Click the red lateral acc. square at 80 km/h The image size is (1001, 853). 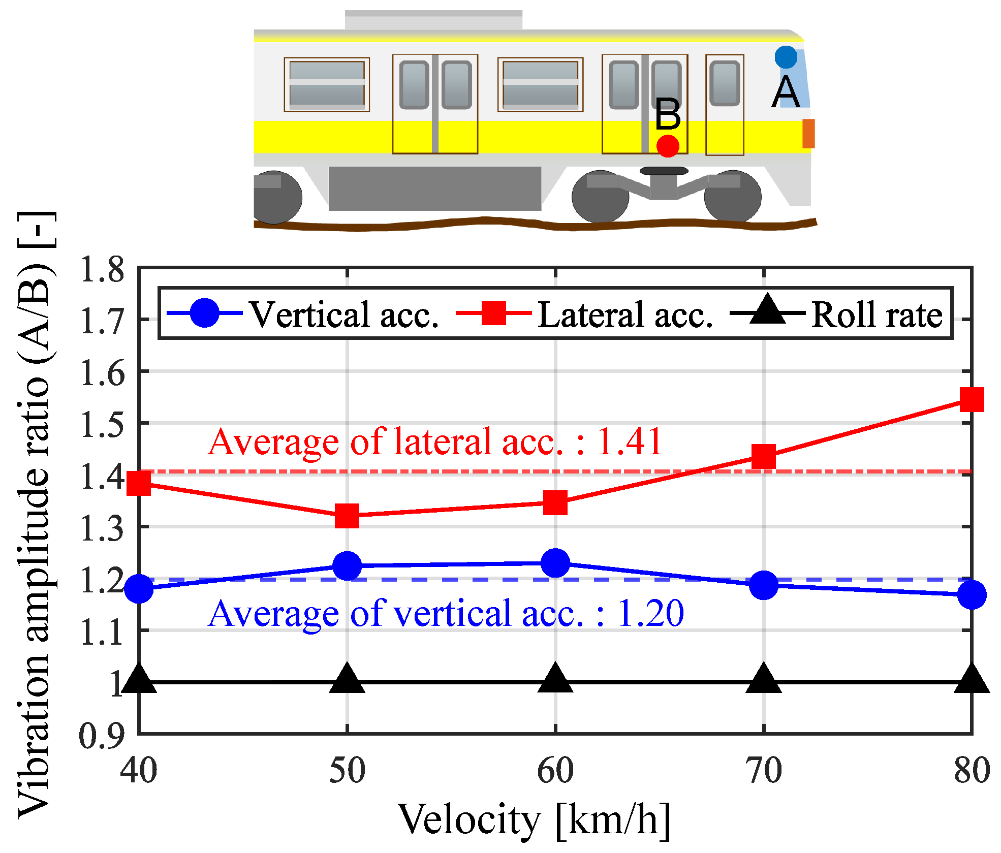972,399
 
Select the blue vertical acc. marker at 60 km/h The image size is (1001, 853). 555,563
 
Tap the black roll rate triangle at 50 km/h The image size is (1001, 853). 347,679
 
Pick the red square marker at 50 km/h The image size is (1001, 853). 347,516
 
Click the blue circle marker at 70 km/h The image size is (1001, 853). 764,585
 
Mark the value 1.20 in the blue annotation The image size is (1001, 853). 650,613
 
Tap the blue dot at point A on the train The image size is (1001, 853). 786,57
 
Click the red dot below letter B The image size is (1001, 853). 668,146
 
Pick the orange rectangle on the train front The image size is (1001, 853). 808,134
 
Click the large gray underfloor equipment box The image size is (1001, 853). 434,188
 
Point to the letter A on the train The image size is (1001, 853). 786,92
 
